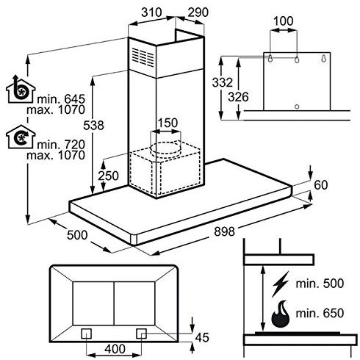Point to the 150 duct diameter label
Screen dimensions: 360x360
pyautogui.click(x=168, y=122)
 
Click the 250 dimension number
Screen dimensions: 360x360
pyautogui.click(x=108, y=176)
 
